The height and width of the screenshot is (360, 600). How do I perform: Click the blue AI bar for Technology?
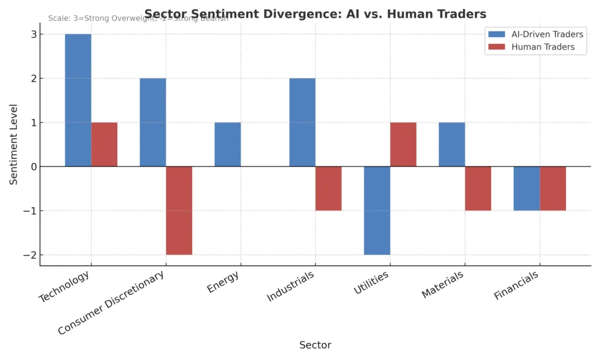tap(78, 100)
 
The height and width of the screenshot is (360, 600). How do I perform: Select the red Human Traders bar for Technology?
tap(104, 144)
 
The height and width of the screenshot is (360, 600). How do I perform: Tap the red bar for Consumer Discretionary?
tap(179, 210)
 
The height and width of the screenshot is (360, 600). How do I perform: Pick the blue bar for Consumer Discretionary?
tap(153, 122)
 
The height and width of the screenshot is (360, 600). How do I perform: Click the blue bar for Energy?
tap(227, 144)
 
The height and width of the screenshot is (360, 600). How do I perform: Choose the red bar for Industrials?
tap(328, 188)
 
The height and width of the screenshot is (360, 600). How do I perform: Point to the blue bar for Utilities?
tap(377, 210)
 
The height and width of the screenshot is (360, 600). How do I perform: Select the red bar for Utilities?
tap(403, 144)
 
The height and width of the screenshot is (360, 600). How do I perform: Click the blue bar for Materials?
tap(452, 144)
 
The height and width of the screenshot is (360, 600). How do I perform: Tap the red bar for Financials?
tap(553, 188)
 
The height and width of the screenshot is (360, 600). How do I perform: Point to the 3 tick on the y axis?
tap(33, 35)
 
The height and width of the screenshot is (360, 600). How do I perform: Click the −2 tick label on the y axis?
tap(30, 255)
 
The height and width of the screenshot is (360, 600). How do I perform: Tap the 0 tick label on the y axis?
tap(33, 167)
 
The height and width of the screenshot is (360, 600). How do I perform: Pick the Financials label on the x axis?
tap(516, 286)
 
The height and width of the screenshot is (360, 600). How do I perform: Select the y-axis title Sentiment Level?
tap(13, 144)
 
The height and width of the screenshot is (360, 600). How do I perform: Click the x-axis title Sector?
tap(315, 345)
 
